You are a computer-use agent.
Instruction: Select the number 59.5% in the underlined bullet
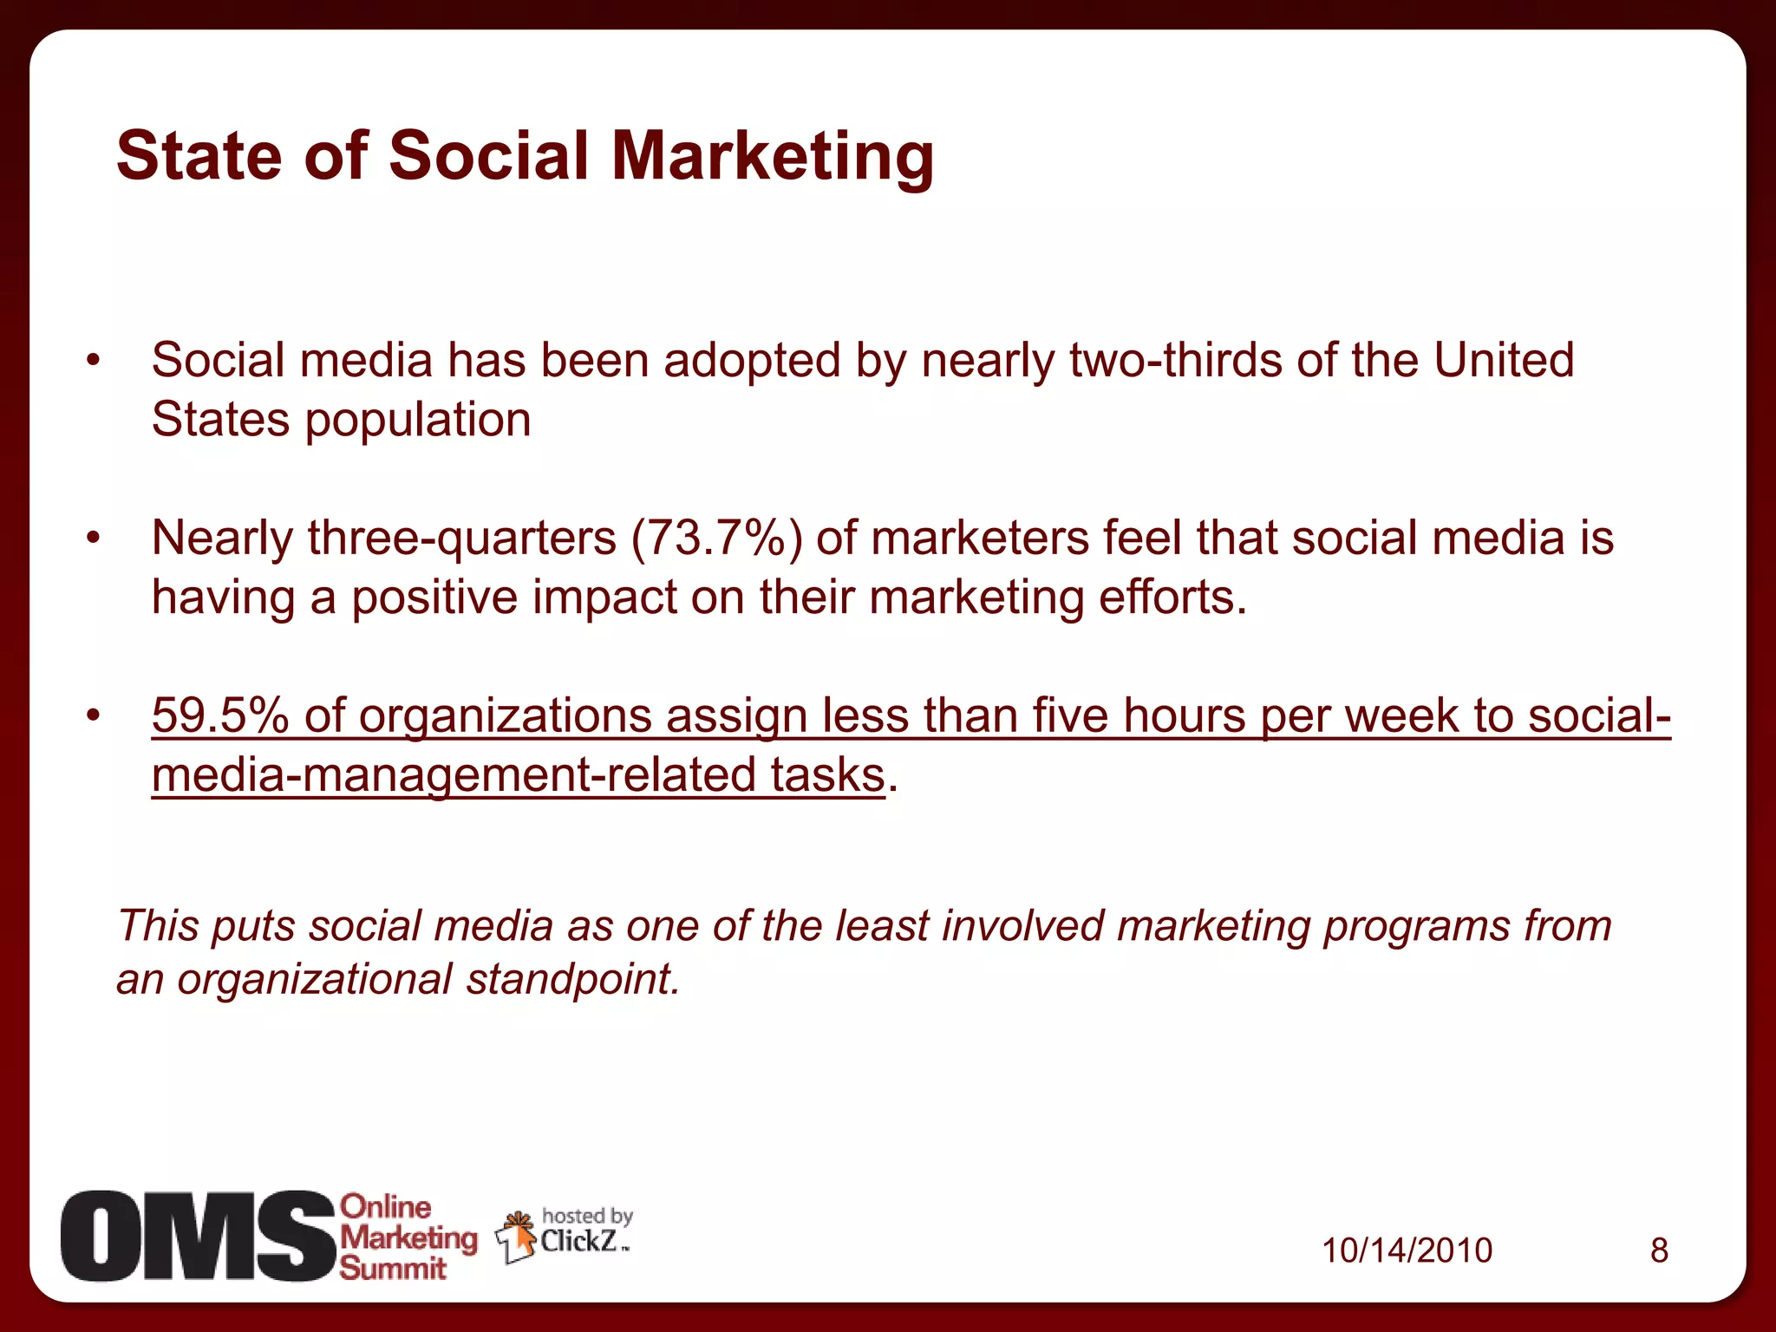[219, 716]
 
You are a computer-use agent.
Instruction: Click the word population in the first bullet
[418, 421]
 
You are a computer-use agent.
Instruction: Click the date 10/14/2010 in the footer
[1407, 1250]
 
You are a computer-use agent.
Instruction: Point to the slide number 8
[1659, 1250]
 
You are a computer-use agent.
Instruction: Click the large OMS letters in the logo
[198, 1236]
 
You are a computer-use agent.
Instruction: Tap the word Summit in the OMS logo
[392, 1269]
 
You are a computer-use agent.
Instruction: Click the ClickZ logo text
[578, 1242]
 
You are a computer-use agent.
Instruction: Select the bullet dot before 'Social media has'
[94, 361]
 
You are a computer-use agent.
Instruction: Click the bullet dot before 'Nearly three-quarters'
[94, 539]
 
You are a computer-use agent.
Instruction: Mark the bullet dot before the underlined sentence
[94, 716]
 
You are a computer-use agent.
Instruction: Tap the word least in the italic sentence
[882, 926]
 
